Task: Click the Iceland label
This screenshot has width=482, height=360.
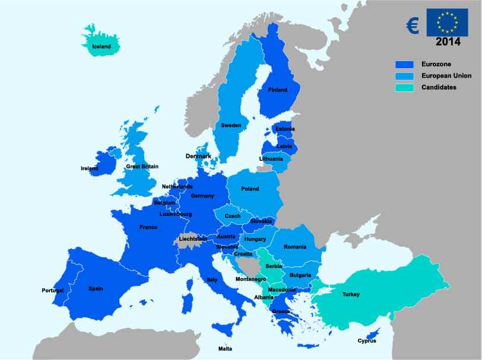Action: click(x=102, y=46)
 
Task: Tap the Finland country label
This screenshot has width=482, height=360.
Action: click(x=278, y=90)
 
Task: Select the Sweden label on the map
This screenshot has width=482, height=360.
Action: click(x=231, y=126)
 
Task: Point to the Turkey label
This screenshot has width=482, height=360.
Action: click(x=351, y=295)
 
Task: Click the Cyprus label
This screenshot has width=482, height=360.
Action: click(x=367, y=341)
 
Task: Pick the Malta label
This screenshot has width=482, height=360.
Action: click(x=225, y=349)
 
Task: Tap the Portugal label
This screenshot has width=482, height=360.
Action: click(x=53, y=291)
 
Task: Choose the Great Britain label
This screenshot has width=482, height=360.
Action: click(x=141, y=167)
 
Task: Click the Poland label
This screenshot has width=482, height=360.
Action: click(x=250, y=189)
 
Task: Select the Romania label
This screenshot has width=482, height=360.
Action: click(x=295, y=247)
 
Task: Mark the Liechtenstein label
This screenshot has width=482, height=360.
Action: click(x=193, y=239)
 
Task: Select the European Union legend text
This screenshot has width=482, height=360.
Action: click(x=446, y=76)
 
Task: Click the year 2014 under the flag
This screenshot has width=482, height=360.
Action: click(x=448, y=42)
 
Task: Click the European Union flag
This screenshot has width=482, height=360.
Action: click(x=448, y=23)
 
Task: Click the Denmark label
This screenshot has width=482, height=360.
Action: click(x=198, y=157)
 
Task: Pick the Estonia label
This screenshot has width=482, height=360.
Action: click(x=285, y=129)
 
